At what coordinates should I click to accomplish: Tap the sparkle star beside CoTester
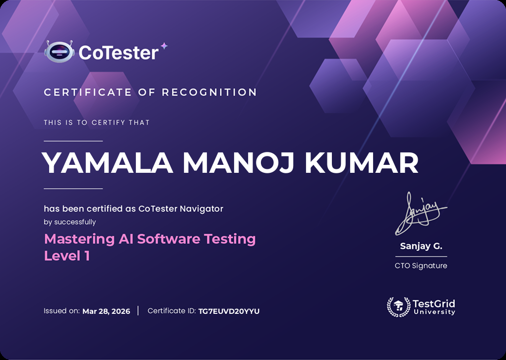(x=164, y=46)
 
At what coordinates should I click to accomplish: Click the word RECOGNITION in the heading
(x=209, y=92)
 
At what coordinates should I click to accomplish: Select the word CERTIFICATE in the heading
(x=88, y=92)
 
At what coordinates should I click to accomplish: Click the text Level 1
(x=67, y=256)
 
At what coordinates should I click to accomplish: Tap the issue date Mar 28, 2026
(x=106, y=311)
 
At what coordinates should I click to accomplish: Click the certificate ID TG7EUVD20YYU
(x=229, y=311)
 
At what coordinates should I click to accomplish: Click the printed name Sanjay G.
(x=421, y=246)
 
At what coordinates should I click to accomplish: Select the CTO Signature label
(x=421, y=266)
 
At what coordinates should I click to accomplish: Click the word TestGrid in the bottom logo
(x=434, y=303)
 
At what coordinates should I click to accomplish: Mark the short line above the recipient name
(x=73, y=142)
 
